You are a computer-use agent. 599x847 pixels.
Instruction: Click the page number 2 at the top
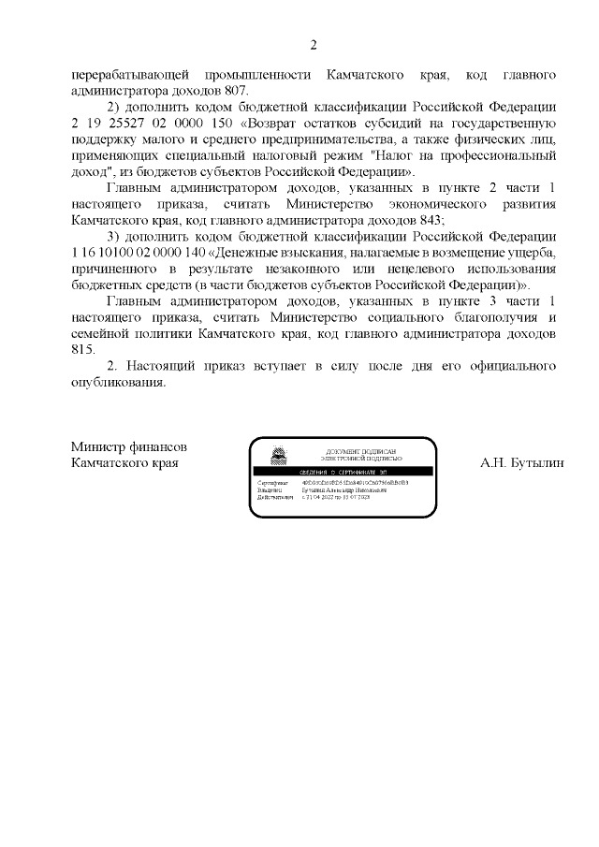[314, 44]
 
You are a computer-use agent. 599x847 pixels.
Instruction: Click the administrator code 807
[235, 91]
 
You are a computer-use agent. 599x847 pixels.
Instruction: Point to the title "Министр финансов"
[122, 446]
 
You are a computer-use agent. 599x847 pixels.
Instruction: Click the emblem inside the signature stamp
[278, 457]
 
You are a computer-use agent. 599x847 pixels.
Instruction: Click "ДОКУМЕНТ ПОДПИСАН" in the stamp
[360, 451]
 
